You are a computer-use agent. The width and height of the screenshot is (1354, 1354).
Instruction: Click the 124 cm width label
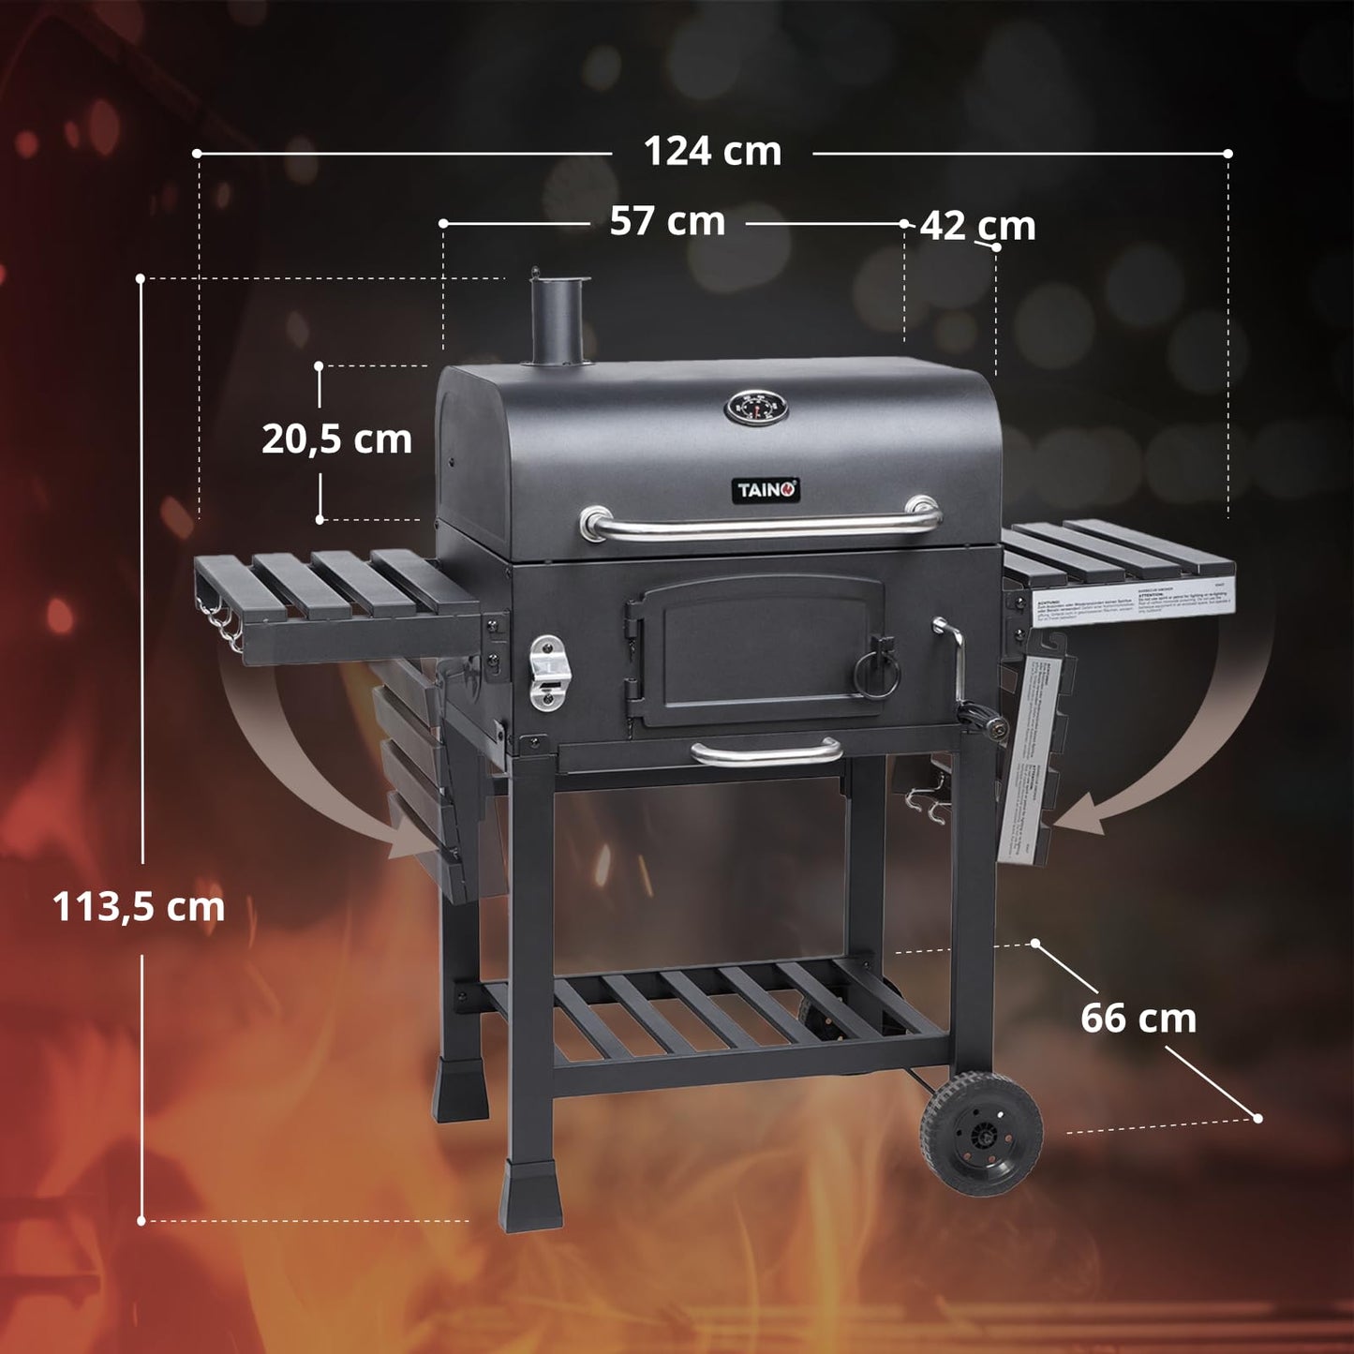(712, 152)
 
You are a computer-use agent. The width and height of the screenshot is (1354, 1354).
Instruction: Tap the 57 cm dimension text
(667, 222)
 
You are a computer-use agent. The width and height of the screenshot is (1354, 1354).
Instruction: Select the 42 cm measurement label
(977, 226)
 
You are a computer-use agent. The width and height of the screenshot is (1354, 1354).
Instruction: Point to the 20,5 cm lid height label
(336, 439)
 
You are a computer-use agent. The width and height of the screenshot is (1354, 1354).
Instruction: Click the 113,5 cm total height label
(139, 907)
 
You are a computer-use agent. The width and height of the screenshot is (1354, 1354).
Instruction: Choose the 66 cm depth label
(1138, 1019)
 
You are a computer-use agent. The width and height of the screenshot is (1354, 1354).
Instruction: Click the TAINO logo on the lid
(766, 490)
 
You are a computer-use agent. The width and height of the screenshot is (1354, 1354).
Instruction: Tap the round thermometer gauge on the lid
(756, 408)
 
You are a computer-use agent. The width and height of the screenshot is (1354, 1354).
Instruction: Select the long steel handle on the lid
(760, 525)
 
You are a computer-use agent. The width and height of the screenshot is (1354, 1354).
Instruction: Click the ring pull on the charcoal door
(878, 666)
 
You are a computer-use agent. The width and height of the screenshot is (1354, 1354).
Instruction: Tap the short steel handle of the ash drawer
(766, 751)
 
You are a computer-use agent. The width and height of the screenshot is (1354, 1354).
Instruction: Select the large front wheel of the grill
(981, 1134)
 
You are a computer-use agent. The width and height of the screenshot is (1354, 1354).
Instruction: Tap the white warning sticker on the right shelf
(1131, 602)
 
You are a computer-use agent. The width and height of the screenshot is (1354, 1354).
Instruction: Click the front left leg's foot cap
(530, 1197)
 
